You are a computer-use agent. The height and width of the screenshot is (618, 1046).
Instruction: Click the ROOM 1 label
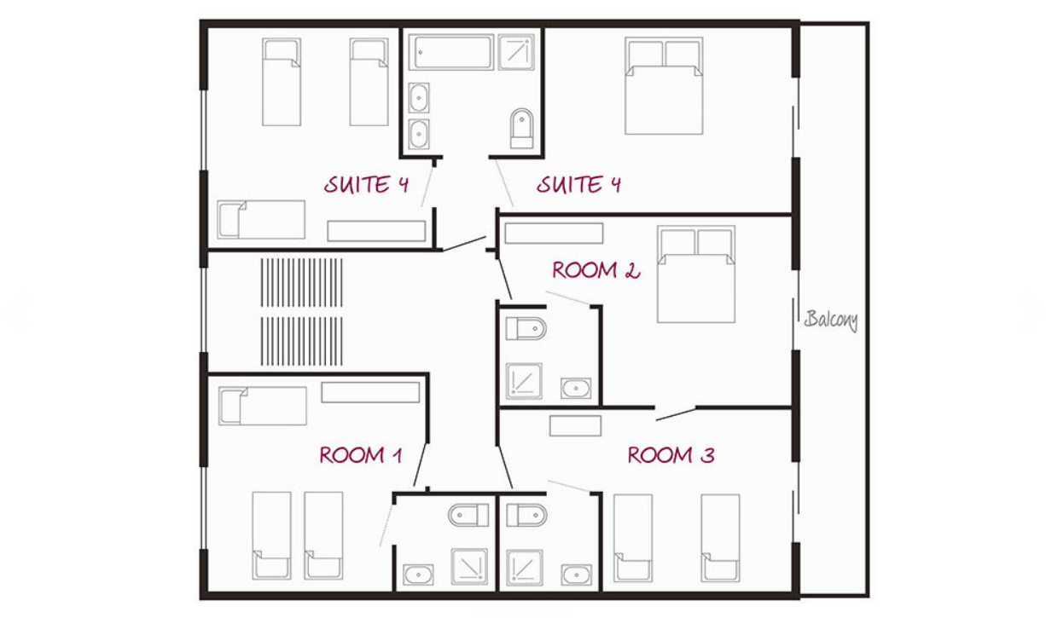[361, 455]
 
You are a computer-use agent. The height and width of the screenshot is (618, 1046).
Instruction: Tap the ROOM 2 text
[596, 270]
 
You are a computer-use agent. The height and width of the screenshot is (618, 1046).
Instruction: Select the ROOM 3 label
[671, 455]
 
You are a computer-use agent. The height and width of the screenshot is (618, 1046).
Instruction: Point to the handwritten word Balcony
[831, 321]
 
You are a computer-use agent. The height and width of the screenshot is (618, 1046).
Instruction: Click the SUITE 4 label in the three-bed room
[366, 184]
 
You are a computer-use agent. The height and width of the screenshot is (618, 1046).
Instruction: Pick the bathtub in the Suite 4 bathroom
[451, 52]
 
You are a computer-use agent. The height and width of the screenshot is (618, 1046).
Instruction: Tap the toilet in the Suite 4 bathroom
[521, 128]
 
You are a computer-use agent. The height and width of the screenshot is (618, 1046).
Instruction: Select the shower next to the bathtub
[516, 52]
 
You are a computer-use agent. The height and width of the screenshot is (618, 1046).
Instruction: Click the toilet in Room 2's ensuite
[526, 329]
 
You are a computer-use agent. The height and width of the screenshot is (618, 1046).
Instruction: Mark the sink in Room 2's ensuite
[576, 388]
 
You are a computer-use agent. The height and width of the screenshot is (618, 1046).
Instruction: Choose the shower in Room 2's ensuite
[524, 381]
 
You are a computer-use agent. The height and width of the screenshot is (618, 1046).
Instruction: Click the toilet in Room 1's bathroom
[468, 516]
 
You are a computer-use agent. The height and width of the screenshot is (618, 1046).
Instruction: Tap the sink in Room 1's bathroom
[418, 575]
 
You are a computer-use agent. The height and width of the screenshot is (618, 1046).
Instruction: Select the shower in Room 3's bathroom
[525, 568]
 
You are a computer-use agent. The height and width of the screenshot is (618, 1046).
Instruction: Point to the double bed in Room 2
[696, 274]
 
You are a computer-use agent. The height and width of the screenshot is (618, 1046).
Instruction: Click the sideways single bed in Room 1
[263, 406]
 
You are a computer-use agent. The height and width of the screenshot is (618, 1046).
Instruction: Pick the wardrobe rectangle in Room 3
[575, 426]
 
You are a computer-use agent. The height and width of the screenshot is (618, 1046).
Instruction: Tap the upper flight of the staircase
[302, 283]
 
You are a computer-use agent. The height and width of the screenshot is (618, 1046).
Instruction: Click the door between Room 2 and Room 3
[676, 414]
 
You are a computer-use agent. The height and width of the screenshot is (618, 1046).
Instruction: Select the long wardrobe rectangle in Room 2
[554, 234]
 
